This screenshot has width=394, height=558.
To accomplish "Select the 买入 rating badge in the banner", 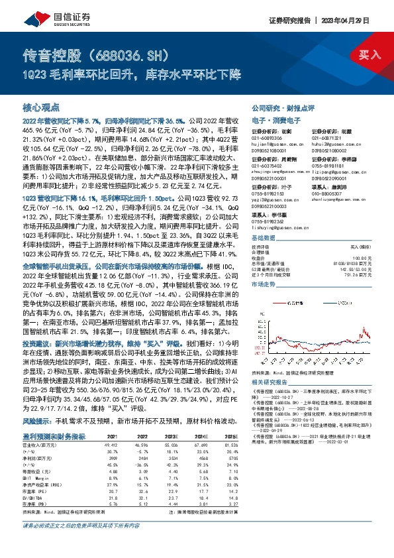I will coord(369,54).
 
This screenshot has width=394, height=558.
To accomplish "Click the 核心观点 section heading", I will coord(42,107).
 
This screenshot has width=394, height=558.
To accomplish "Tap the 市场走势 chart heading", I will coord(264,264).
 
